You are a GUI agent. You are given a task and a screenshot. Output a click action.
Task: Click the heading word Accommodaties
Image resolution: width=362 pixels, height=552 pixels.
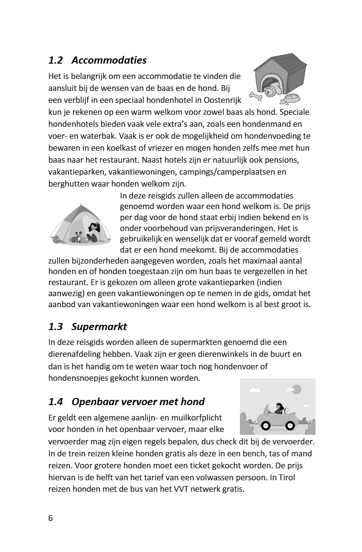pos(109,60)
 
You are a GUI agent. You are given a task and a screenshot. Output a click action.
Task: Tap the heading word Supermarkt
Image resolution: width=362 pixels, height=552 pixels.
pos(99,327)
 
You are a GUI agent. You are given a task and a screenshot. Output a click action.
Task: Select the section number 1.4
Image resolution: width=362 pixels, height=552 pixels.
pos(56,401)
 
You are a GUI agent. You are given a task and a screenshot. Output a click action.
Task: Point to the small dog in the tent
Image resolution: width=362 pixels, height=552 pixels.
pos(77,236)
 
